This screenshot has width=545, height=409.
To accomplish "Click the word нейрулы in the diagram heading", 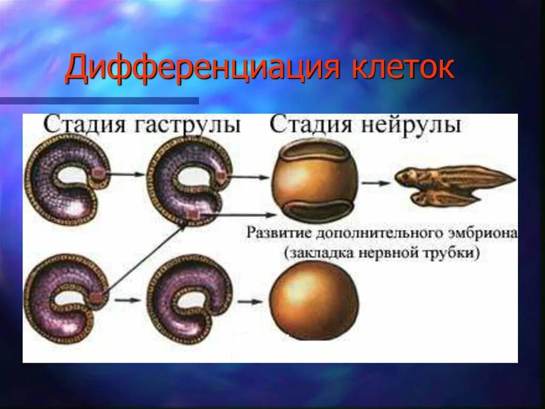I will [414, 125].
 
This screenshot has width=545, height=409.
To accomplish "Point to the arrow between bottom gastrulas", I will [128, 300].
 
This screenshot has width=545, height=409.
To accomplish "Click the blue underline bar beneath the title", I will [99, 100].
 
